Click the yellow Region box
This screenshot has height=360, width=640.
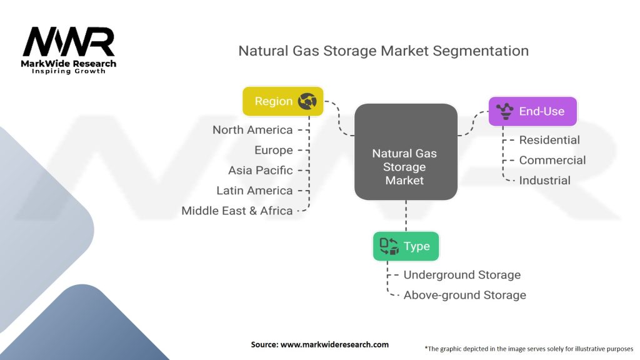283,101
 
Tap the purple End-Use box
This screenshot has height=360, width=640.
532,111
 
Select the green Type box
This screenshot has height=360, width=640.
406,246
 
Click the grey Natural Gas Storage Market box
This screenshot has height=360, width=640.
406,152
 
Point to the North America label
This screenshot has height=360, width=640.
252,130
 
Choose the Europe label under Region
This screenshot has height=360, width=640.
274,150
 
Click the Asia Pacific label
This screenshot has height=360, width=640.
261,170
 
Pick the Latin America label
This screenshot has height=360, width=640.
255,191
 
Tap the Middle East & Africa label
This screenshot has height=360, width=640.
237,211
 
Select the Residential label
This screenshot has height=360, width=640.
549,140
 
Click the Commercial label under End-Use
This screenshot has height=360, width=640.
552,160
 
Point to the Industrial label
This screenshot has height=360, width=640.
545,181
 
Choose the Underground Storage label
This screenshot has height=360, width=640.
462,275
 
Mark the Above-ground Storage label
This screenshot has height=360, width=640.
465,295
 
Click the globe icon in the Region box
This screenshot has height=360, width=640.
307,101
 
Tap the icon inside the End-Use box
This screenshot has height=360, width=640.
505,111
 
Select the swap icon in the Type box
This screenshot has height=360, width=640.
389,246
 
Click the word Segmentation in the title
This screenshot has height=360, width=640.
481,51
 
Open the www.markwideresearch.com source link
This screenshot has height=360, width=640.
335,344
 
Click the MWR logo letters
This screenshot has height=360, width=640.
69,42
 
